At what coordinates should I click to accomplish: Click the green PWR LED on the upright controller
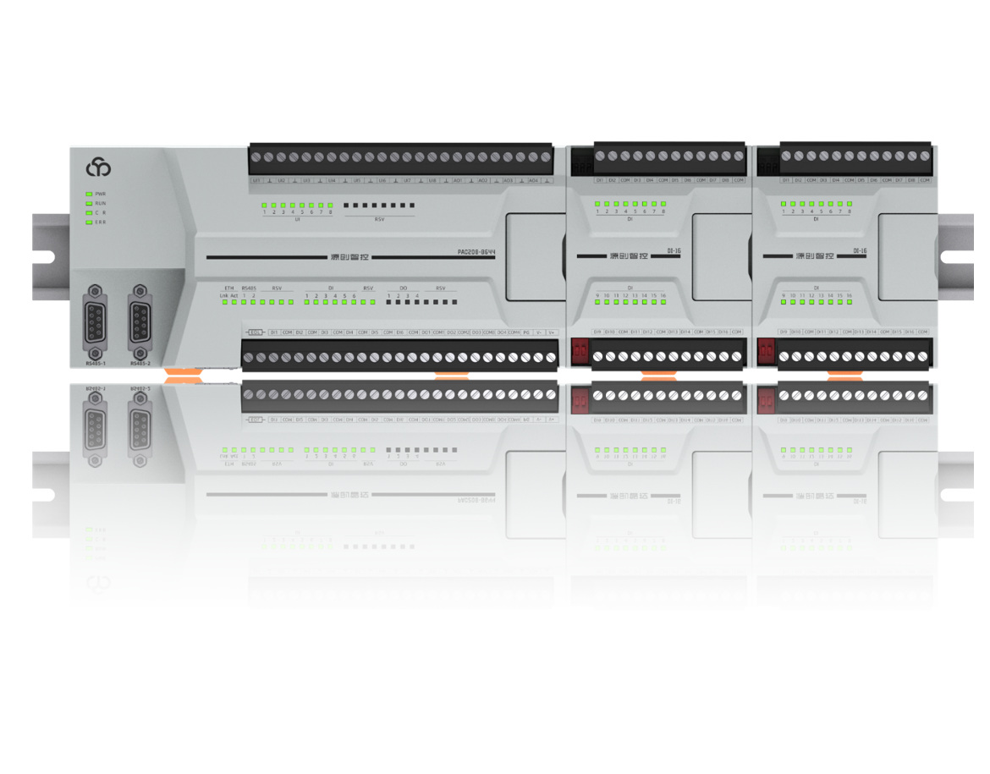point(88,194)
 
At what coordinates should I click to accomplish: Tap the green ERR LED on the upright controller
point(88,222)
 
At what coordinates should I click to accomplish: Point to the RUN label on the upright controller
point(101,203)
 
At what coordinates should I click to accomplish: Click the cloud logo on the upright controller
point(98,167)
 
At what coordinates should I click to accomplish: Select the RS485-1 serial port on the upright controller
point(95,321)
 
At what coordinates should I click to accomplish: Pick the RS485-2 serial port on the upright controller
point(140,321)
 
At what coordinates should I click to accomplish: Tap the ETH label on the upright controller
point(228,288)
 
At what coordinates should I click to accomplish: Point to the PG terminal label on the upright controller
point(526,332)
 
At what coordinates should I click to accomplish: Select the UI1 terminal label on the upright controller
point(256,181)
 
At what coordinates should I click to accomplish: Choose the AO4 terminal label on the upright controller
point(533,181)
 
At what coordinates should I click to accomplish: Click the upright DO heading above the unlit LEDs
point(403,288)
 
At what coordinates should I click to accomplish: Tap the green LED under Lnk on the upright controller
point(223,301)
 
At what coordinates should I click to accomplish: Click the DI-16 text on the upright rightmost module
point(858,251)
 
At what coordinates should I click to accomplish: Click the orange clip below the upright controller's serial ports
point(183,373)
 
